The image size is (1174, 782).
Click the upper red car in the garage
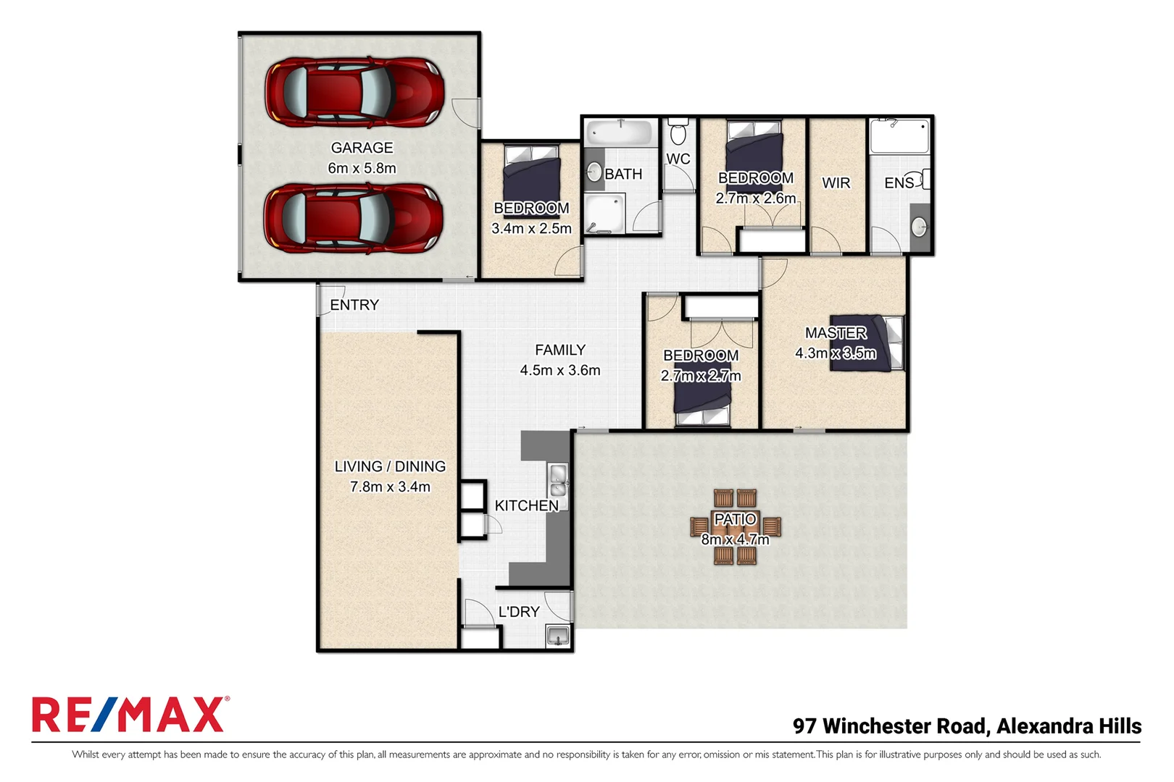354,93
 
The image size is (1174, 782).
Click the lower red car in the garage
354,218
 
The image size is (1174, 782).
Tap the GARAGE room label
362,148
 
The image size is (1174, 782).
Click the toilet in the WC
678,133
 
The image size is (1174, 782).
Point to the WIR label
836,183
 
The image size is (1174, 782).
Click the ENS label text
899,183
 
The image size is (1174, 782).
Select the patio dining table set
735,527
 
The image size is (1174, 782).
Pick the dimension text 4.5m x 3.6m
559,370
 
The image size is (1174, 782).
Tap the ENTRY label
354,305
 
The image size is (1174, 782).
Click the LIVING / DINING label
390,467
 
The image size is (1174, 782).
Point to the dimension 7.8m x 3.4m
390,487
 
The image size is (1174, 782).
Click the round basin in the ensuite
919,227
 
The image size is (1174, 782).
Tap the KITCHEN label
526,505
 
